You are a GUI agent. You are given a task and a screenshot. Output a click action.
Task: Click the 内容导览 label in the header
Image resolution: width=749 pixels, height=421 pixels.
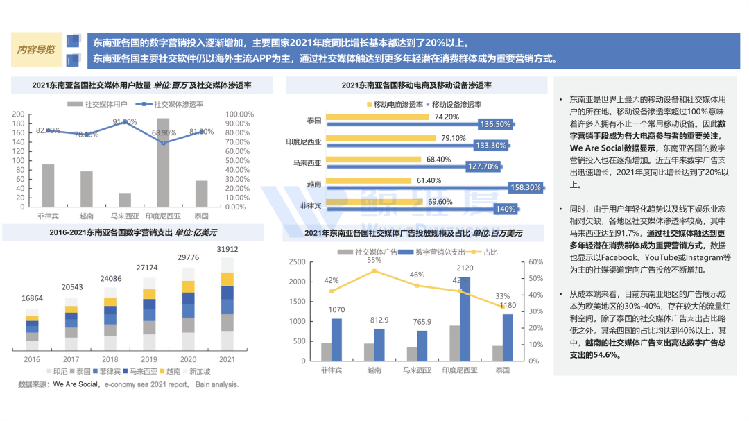click(x=37, y=50)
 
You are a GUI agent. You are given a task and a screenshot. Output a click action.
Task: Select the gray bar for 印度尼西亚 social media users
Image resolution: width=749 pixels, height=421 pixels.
click(x=163, y=162)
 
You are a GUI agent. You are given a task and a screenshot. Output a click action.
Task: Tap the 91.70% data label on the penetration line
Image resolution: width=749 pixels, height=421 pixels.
click(x=126, y=121)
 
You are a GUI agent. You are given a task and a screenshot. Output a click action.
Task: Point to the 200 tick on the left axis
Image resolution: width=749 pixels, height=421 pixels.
click(x=19, y=114)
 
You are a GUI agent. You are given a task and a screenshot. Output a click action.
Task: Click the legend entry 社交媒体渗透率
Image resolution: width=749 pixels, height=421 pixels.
click(x=178, y=104)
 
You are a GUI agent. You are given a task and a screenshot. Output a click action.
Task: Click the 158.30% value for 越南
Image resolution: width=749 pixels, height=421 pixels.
click(x=524, y=187)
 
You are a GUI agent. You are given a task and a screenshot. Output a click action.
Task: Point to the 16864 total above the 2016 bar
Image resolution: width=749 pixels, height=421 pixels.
click(x=33, y=298)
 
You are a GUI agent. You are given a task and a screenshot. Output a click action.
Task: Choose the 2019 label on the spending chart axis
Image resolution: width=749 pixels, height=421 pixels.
click(x=149, y=359)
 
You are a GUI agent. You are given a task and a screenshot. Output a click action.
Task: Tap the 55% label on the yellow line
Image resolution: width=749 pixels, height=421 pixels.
click(x=374, y=260)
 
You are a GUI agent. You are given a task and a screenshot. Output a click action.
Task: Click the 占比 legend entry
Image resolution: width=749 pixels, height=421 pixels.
click(x=490, y=252)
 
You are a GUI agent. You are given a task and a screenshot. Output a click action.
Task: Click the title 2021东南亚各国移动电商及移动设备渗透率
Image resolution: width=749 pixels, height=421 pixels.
click(x=416, y=85)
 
